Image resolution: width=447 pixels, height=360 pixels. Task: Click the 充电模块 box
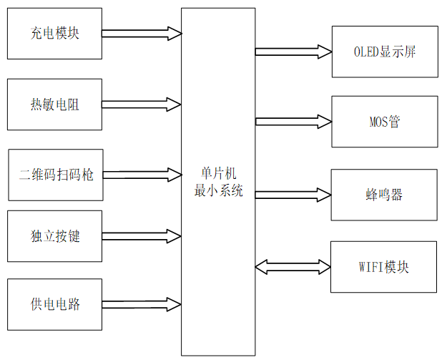(54, 33)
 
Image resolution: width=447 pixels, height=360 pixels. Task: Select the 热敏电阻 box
(54, 104)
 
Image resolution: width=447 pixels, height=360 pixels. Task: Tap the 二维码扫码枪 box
(56, 175)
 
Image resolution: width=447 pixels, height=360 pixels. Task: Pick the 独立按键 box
(54, 235)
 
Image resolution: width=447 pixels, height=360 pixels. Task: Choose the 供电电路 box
(54, 304)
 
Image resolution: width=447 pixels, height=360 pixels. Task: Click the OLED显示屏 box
(385, 52)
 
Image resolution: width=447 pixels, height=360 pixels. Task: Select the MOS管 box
(383, 122)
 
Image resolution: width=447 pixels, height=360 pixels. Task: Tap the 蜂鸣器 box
(384, 195)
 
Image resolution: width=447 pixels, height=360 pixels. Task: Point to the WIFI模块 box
(383, 267)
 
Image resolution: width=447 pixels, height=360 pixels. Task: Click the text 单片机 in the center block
(218, 174)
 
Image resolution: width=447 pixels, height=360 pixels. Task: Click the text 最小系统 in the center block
(218, 191)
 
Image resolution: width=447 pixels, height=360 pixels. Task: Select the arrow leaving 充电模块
(142, 33)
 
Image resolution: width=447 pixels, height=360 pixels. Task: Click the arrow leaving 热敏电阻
(142, 104)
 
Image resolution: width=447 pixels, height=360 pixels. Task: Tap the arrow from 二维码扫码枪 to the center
(142, 174)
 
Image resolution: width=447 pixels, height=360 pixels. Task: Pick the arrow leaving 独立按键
(142, 235)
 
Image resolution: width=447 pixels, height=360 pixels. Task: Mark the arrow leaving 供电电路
(142, 304)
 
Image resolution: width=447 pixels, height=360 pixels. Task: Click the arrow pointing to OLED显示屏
(293, 52)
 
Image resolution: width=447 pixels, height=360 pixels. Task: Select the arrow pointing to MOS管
(293, 122)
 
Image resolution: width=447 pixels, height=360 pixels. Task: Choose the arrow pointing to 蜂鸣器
(293, 195)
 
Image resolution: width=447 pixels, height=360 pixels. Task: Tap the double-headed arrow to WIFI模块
(293, 267)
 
